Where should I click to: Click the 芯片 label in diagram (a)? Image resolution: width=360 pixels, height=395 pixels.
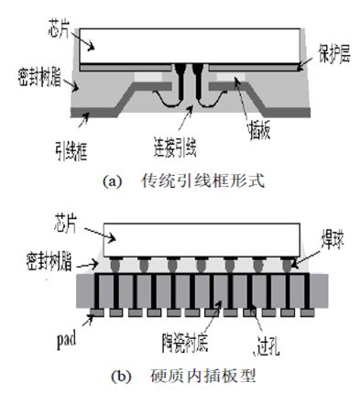point(59,28)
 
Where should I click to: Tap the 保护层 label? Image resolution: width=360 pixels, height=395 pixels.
point(334,54)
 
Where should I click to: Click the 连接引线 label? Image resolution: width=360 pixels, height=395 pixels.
point(175,148)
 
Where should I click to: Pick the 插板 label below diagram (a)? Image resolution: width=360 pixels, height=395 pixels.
point(259,130)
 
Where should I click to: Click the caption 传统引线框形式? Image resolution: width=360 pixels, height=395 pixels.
point(202,181)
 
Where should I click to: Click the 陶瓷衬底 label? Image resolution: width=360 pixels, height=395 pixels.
point(185,343)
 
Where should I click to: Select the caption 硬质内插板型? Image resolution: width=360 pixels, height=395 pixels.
point(202,376)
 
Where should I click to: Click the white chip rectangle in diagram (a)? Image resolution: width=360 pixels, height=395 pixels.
point(190,46)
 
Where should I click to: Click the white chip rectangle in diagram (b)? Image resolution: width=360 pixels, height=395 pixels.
point(202,240)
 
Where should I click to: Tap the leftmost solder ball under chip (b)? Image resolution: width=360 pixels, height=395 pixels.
point(115,265)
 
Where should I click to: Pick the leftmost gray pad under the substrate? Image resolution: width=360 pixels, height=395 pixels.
point(97,313)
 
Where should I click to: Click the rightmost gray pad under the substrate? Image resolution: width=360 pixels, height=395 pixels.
point(307,313)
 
